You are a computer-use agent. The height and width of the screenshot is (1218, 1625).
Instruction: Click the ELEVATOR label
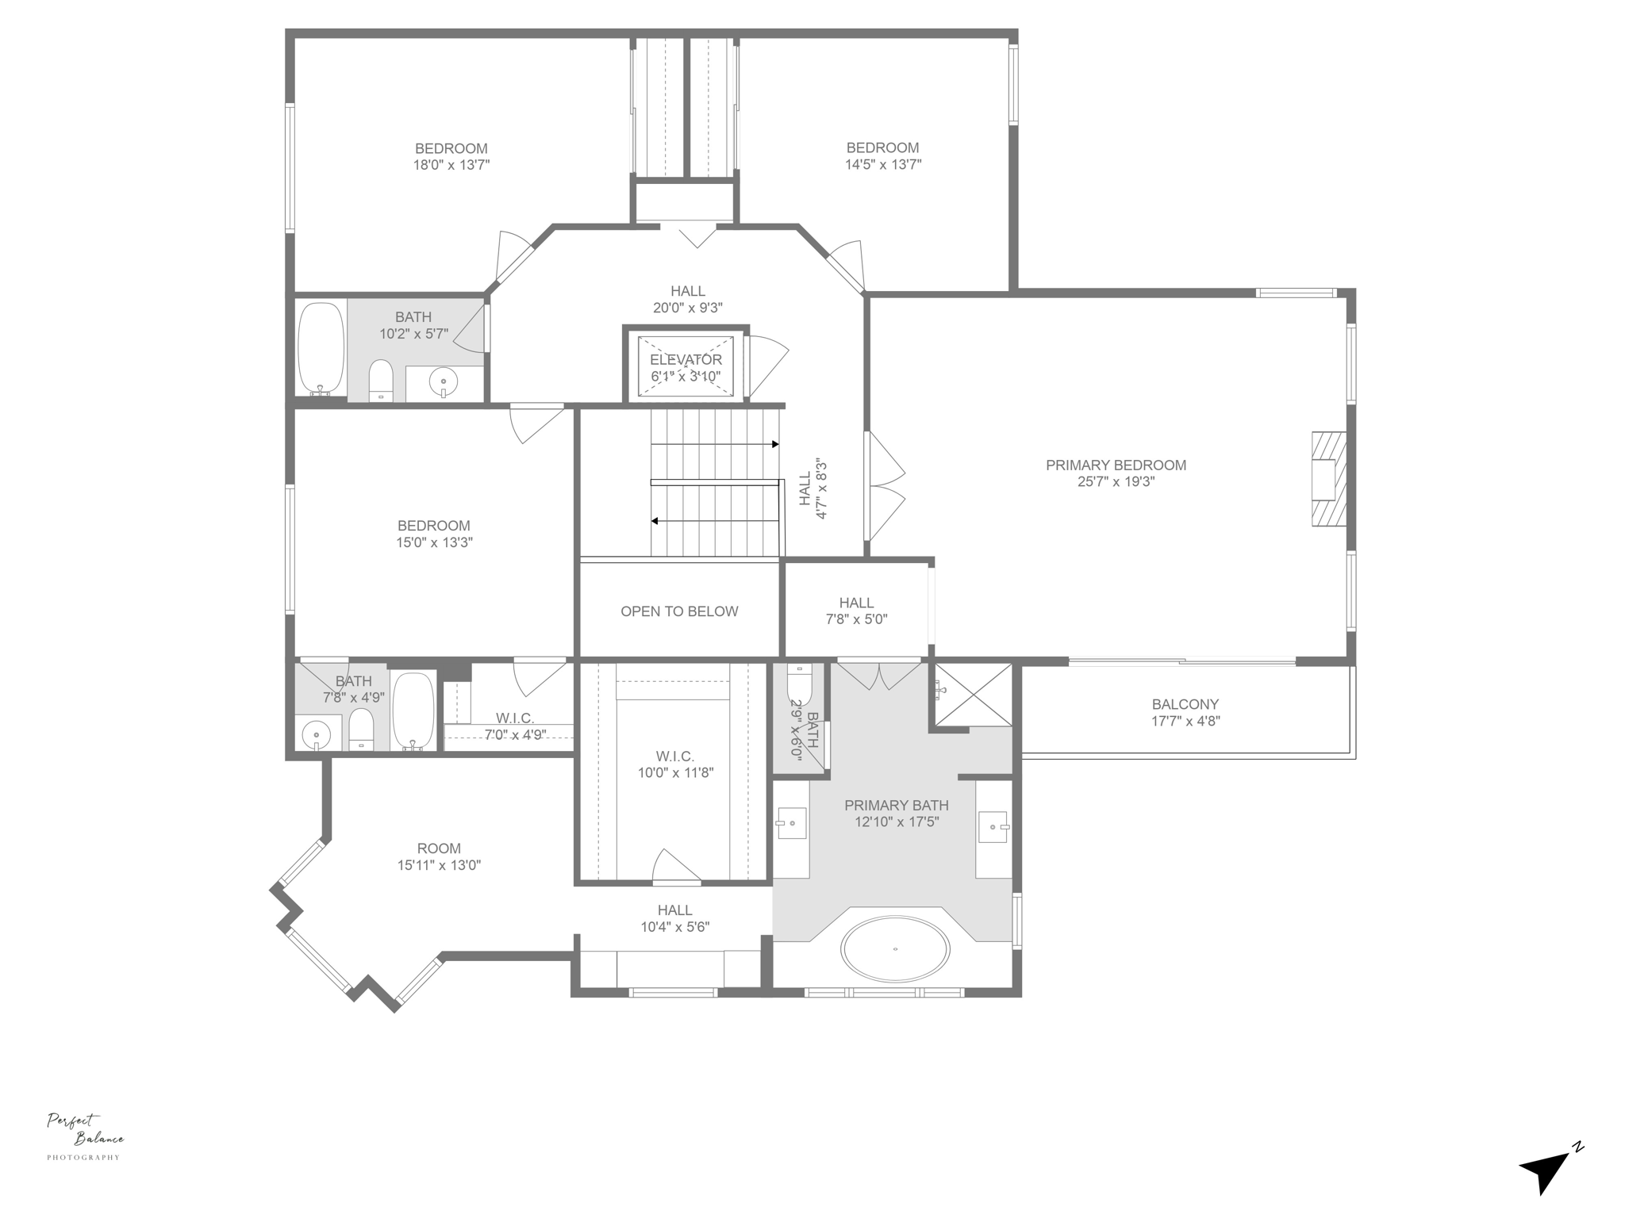686,360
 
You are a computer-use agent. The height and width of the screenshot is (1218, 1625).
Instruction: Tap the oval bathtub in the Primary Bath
895,949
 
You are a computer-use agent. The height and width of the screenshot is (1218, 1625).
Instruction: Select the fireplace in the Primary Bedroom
1328,478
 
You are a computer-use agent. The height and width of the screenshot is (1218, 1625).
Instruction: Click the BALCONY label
1185,704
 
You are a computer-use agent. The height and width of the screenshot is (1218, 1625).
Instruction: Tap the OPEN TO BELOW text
679,611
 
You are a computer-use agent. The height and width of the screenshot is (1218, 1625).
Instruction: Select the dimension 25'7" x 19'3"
1115,481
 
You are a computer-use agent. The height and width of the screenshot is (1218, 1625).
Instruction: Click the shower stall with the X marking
973,695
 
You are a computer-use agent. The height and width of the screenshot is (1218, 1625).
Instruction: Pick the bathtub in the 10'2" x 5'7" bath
321,348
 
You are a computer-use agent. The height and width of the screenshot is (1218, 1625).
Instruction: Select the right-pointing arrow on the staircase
774,445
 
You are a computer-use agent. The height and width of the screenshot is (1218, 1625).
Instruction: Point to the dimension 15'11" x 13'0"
439,865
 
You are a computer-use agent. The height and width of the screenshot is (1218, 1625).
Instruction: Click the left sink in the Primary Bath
790,823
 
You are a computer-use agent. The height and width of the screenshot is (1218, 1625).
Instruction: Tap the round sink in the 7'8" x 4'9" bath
317,735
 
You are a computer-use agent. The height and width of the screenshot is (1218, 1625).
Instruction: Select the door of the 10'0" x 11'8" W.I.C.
675,867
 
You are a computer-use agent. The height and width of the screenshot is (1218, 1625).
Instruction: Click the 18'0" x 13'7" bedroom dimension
451,165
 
